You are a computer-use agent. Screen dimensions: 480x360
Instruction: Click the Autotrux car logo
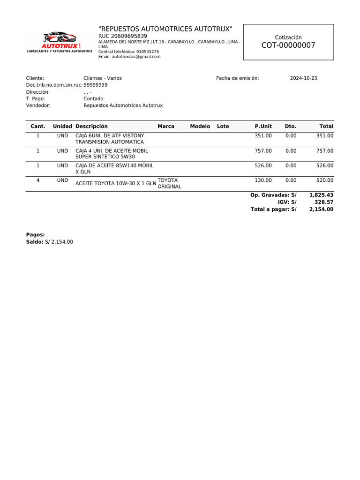[x=60, y=41]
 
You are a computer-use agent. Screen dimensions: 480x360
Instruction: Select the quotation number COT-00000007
[x=288, y=45]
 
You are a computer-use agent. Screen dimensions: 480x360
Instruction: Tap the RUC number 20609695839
[x=122, y=36]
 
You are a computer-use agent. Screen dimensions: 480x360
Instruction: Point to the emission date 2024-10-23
[x=303, y=78]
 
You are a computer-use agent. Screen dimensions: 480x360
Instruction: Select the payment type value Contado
[x=93, y=99]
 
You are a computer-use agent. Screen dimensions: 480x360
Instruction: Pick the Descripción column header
[x=91, y=127]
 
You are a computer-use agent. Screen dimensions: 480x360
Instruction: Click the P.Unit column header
[x=263, y=127]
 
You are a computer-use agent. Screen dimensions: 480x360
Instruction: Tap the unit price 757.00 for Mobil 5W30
[x=263, y=151]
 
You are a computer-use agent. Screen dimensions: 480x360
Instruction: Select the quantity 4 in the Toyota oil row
[x=38, y=180]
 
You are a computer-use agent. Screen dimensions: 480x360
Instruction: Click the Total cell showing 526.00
[x=324, y=165]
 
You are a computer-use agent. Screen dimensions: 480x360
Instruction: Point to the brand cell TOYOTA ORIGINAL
[x=169, y=183]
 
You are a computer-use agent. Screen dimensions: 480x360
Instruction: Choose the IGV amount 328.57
[x=324, y=202]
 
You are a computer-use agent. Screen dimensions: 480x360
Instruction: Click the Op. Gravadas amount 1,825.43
[x=321, y=195]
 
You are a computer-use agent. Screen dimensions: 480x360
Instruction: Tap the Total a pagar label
[x=273, y=210]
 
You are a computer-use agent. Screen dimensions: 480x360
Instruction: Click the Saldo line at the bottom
[x=50, y=242]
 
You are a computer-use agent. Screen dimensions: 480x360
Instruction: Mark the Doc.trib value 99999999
[x=96, y=85]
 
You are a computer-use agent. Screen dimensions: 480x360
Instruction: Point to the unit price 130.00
[x=263, y=180]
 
